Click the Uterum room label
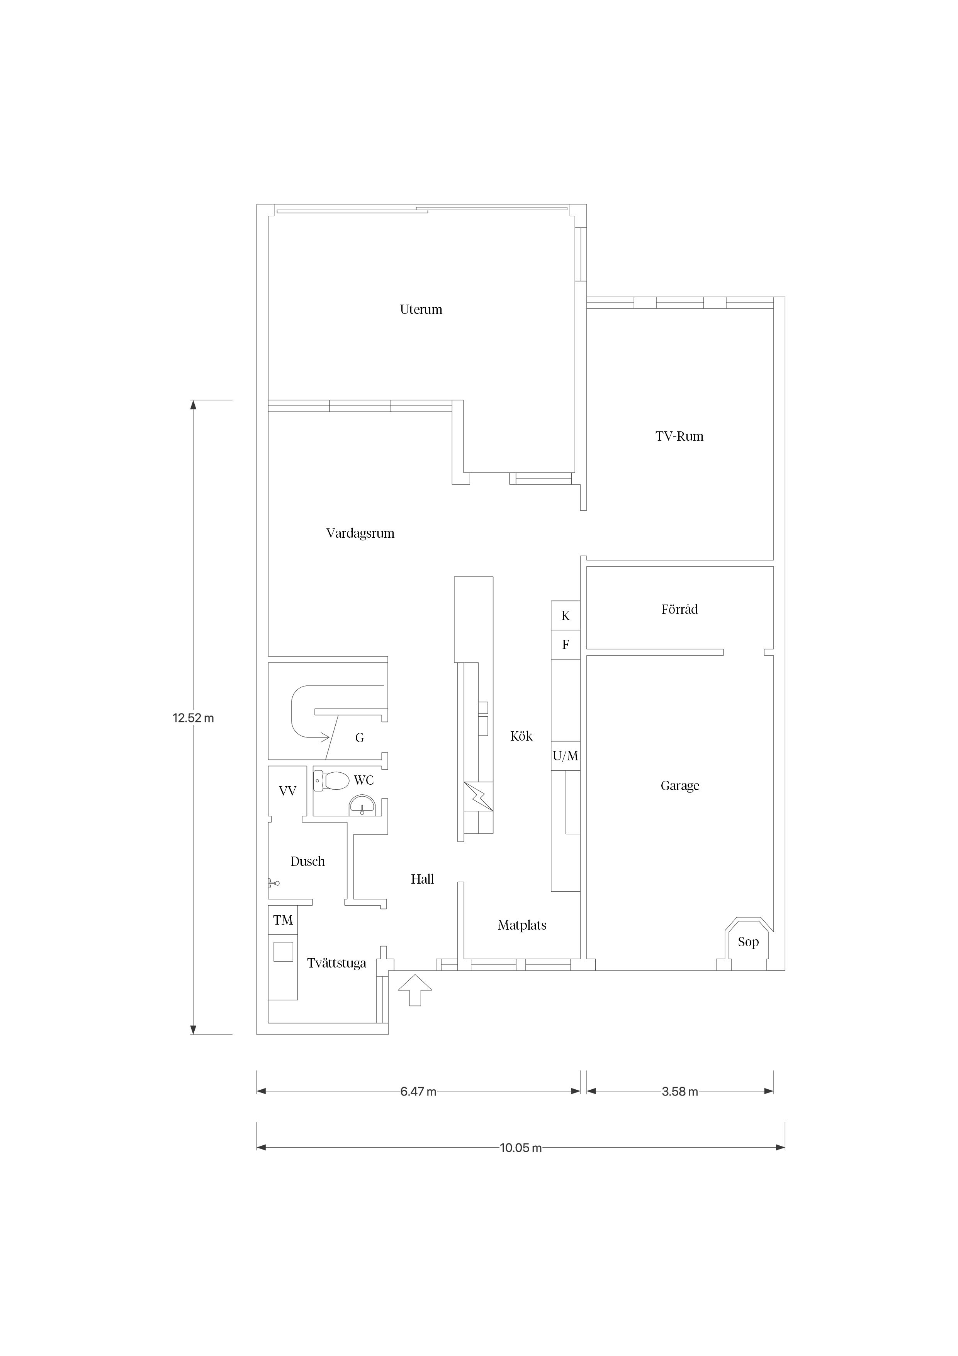click(x=421, y=310)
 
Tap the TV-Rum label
click(x=679, y=436)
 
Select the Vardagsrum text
click(x=360, y=533)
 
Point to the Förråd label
click(x=679, y=610)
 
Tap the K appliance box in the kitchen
click(x=566, y=615)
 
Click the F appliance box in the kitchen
click(x=566, y=645)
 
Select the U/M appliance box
click(x=566, y=756)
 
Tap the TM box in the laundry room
click(x=283, y=920)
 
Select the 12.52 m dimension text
click(x=193, y=718)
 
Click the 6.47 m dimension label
click(x=418, y=1092)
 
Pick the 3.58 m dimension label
click(x=680, y=1092)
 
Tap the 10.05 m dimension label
click(x=521, y=1148)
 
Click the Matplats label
click(x=522, y=925)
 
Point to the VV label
click(x=287, y=791)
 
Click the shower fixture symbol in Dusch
click(x=273, y=884)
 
